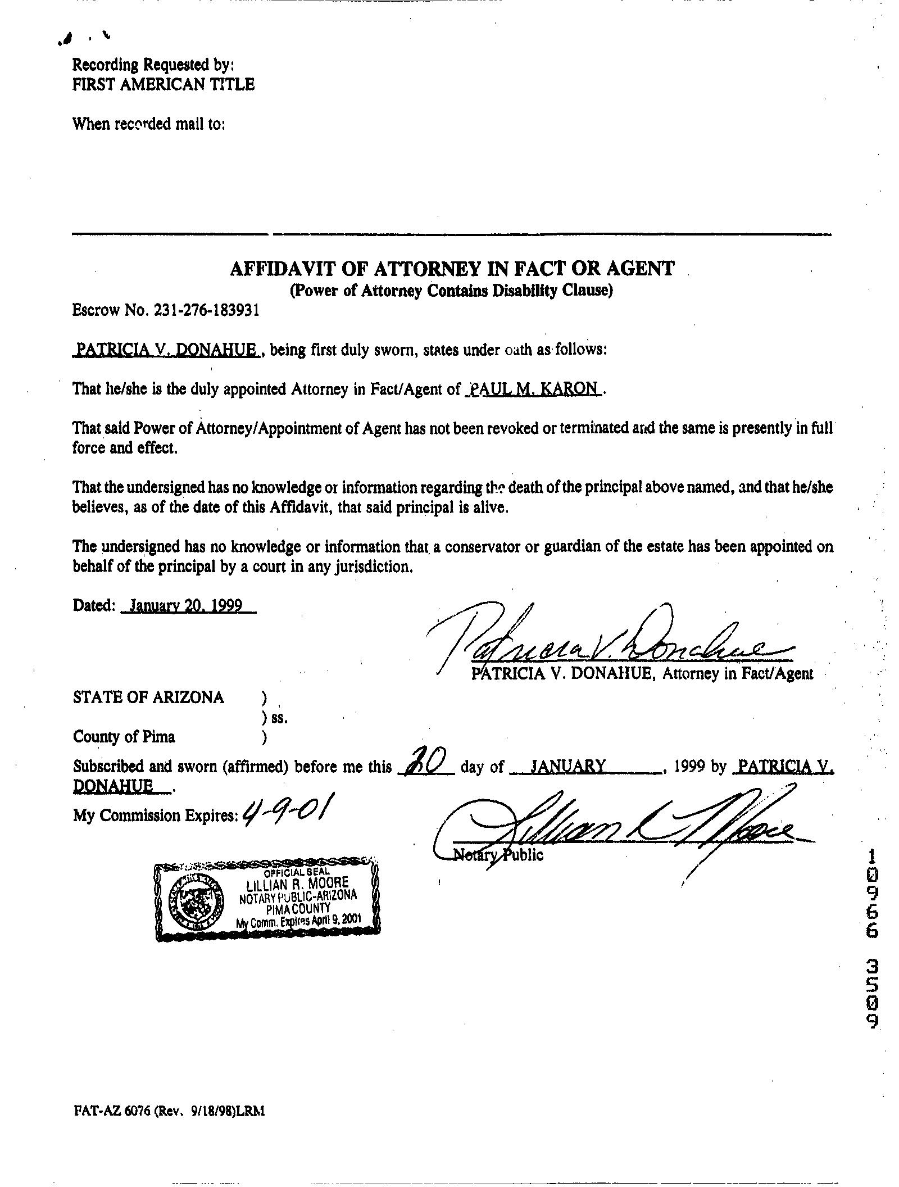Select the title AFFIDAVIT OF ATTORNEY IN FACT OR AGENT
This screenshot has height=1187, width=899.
click(451, 269)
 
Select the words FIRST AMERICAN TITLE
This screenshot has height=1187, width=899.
click(164, 84)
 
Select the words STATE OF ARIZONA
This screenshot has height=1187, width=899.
click(148, 697)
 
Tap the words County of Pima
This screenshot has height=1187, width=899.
click(124, 736)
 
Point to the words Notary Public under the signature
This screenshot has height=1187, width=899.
click(498, 855)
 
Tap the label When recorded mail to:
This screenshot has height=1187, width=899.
click(149, 124)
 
